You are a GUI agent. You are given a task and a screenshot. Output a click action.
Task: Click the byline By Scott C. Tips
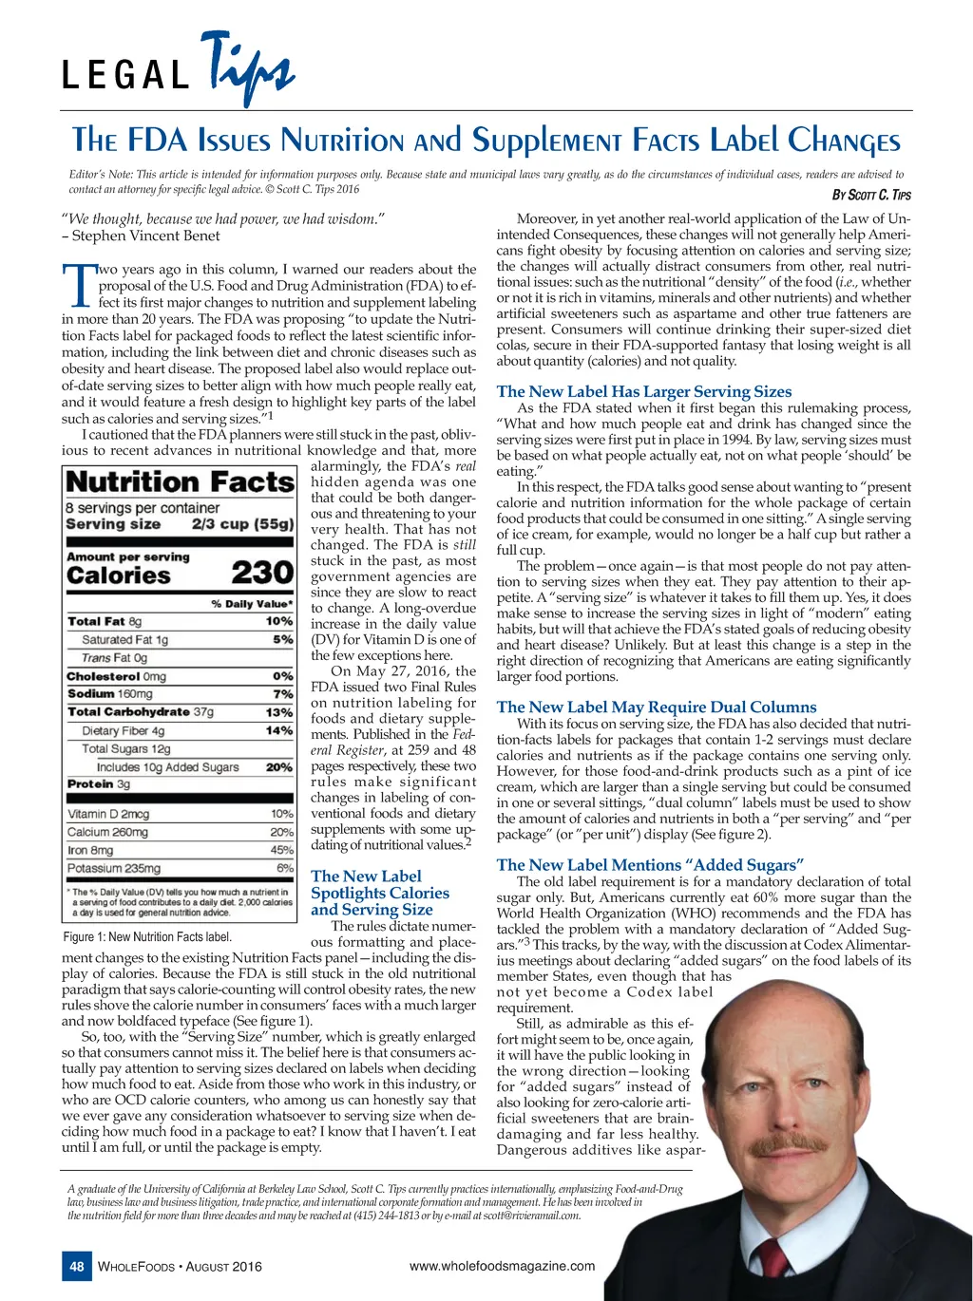[x=871, y=196]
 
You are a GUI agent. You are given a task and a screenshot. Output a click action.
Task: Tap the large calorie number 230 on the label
[x=261, y=573]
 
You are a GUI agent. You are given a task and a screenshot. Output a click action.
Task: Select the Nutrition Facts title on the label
[x=180, y=482]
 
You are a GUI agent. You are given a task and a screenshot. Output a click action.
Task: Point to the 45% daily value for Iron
[x=281, y=851]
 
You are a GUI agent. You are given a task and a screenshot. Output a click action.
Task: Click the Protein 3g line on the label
[x=99, y=784]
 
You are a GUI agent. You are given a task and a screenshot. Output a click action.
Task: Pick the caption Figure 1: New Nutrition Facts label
[x=147, y=937]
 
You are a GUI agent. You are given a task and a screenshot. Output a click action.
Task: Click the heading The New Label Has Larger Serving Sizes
[x=643, y=391]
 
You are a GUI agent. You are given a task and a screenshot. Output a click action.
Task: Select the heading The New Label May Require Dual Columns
[x=656, y=707]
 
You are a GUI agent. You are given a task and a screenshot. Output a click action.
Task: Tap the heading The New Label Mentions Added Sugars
[x=651, y=864]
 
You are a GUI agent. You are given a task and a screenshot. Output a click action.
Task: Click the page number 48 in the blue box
[x=77, y=1266]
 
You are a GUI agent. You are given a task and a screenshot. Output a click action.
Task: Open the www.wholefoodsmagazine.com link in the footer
[x=502, y=1265]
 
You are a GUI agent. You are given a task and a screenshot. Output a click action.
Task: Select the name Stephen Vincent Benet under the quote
[x=146, y=236]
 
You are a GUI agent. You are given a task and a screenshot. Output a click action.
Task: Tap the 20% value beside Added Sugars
[x=279, y=767]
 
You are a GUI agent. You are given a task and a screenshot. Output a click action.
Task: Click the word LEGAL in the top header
[x=125, y=76]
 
